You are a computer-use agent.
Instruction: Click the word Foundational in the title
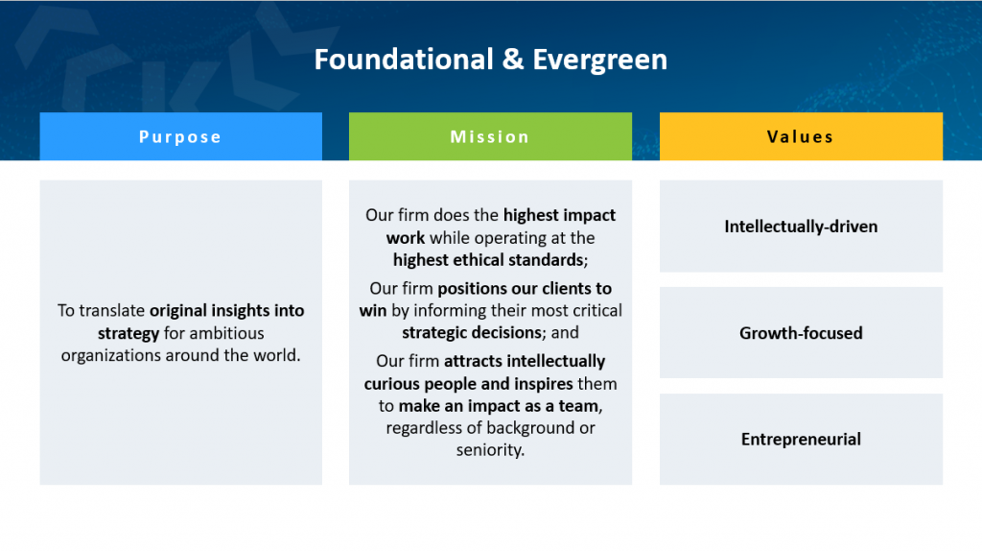[x=404, y=60]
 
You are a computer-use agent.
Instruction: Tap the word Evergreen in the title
[x=600, y=60]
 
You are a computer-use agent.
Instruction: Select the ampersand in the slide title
[x=513, y=60]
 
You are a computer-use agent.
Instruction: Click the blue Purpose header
[x=181, y=136]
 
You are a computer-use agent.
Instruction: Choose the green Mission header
[x=490, y=136]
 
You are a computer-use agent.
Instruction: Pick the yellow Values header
[x=801, y=136]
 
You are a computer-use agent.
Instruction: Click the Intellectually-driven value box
[x=801, y=227]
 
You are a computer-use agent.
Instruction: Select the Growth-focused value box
[x=801, y=333]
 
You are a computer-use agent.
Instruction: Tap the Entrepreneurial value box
[x=801, y=440]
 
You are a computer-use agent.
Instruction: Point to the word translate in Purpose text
[x=112, y=311]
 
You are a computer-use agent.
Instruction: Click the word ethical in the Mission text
[x=479, y=260]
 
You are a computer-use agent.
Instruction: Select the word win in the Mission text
[x=373, y=311]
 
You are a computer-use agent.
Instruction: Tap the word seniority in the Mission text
[x=490, y=451]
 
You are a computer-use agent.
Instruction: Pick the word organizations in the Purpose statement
[x=110, y=356]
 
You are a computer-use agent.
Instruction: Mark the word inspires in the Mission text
[x=545, y=384]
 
